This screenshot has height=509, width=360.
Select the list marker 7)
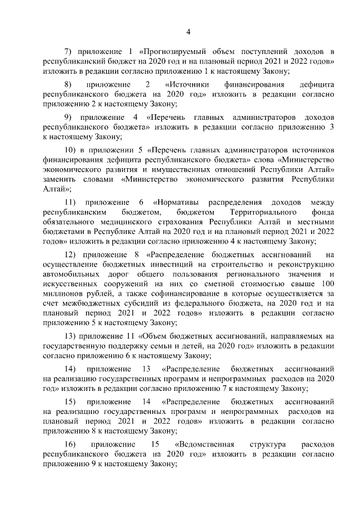(x=70, y=52)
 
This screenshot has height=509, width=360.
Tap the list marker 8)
(x=70, y=84)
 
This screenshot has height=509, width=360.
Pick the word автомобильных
(x=72, y=274)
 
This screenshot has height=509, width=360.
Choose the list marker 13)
(x=73, y=336)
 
